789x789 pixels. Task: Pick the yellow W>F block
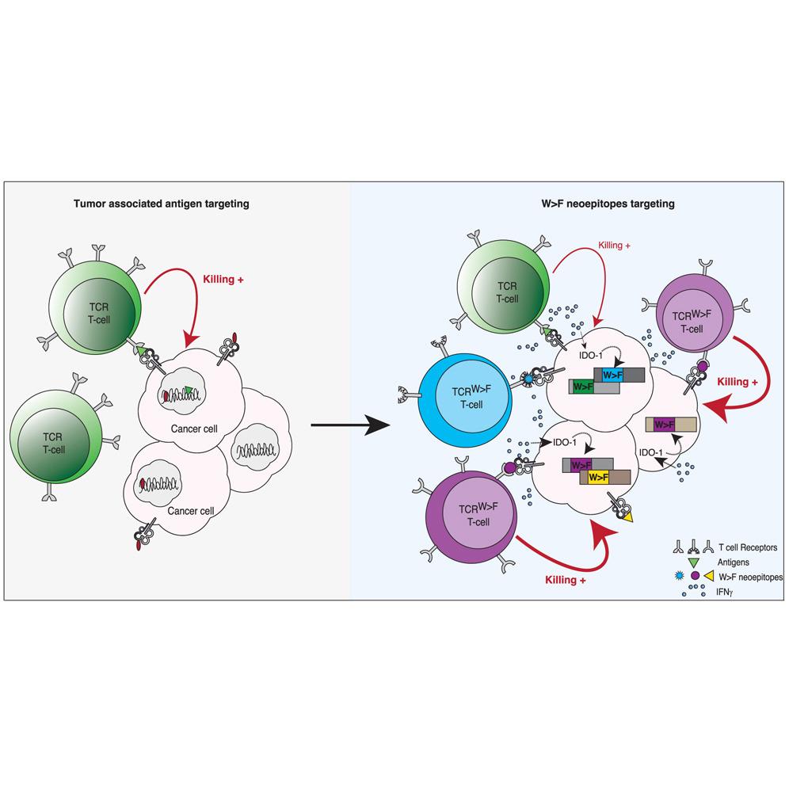point(598,477)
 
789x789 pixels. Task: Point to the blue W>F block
point(612,374)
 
